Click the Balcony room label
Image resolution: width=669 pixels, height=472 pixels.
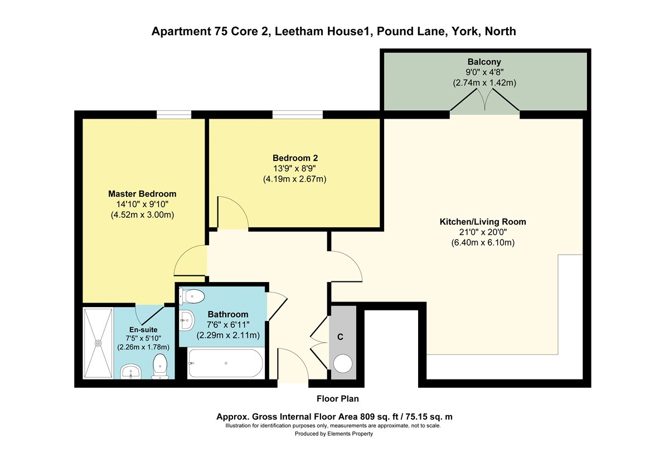pos(484,62)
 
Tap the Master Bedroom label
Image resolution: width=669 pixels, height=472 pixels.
pos(142,194)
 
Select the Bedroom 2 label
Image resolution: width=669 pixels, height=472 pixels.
pos(295,158)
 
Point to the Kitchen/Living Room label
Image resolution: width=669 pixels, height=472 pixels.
pos(483,222)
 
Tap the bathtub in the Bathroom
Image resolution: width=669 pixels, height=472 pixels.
pos(226,363)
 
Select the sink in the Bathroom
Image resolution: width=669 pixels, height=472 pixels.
pos(187,320)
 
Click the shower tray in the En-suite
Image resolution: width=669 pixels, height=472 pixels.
pos(98,343)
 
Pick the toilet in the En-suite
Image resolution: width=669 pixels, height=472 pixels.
pos(160,366)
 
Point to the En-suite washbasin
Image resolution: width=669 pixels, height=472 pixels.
pos(130,371)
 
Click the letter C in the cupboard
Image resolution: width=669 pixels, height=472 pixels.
pos(340,337)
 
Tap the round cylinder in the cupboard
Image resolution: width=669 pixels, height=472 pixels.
pos(343,363)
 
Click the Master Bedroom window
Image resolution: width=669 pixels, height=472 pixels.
pos(174,114)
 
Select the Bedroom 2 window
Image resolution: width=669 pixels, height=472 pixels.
pos(298,114)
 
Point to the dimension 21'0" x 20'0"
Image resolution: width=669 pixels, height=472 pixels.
pos(483,232)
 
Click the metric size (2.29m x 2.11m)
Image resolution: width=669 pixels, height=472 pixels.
pos(228,335)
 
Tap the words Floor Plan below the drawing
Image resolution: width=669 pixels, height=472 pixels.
pos(337,398)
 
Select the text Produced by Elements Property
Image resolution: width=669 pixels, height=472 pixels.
pos(333,434)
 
